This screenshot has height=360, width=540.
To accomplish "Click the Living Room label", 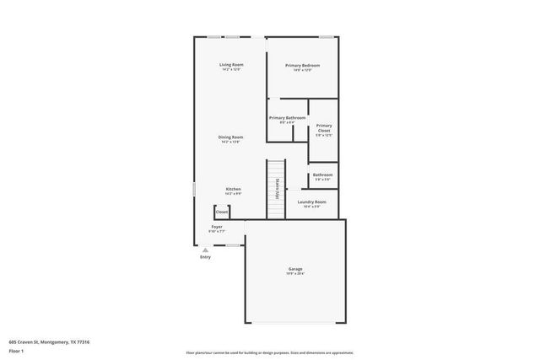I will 231,65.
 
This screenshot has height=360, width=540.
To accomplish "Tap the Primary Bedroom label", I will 302,65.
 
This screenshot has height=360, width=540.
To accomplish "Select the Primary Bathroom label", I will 287,118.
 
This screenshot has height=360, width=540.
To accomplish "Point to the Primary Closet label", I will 324,128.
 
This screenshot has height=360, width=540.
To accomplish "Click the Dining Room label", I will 230,137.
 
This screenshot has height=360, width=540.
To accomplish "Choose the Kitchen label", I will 233,189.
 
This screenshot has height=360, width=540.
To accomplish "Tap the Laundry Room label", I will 311,201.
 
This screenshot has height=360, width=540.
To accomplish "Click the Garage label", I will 294,269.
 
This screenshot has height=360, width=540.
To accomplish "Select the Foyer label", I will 217,227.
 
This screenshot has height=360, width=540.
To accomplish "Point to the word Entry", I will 205,257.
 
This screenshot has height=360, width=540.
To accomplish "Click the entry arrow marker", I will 205,250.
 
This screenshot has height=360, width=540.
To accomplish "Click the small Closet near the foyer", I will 221,212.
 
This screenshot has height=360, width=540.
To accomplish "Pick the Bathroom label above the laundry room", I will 322,175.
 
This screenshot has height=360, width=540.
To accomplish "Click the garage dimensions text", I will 294,274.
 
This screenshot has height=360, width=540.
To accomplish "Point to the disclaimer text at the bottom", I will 269,352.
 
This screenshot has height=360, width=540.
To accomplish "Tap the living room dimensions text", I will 231,70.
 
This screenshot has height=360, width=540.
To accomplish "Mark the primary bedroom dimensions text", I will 302,70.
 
